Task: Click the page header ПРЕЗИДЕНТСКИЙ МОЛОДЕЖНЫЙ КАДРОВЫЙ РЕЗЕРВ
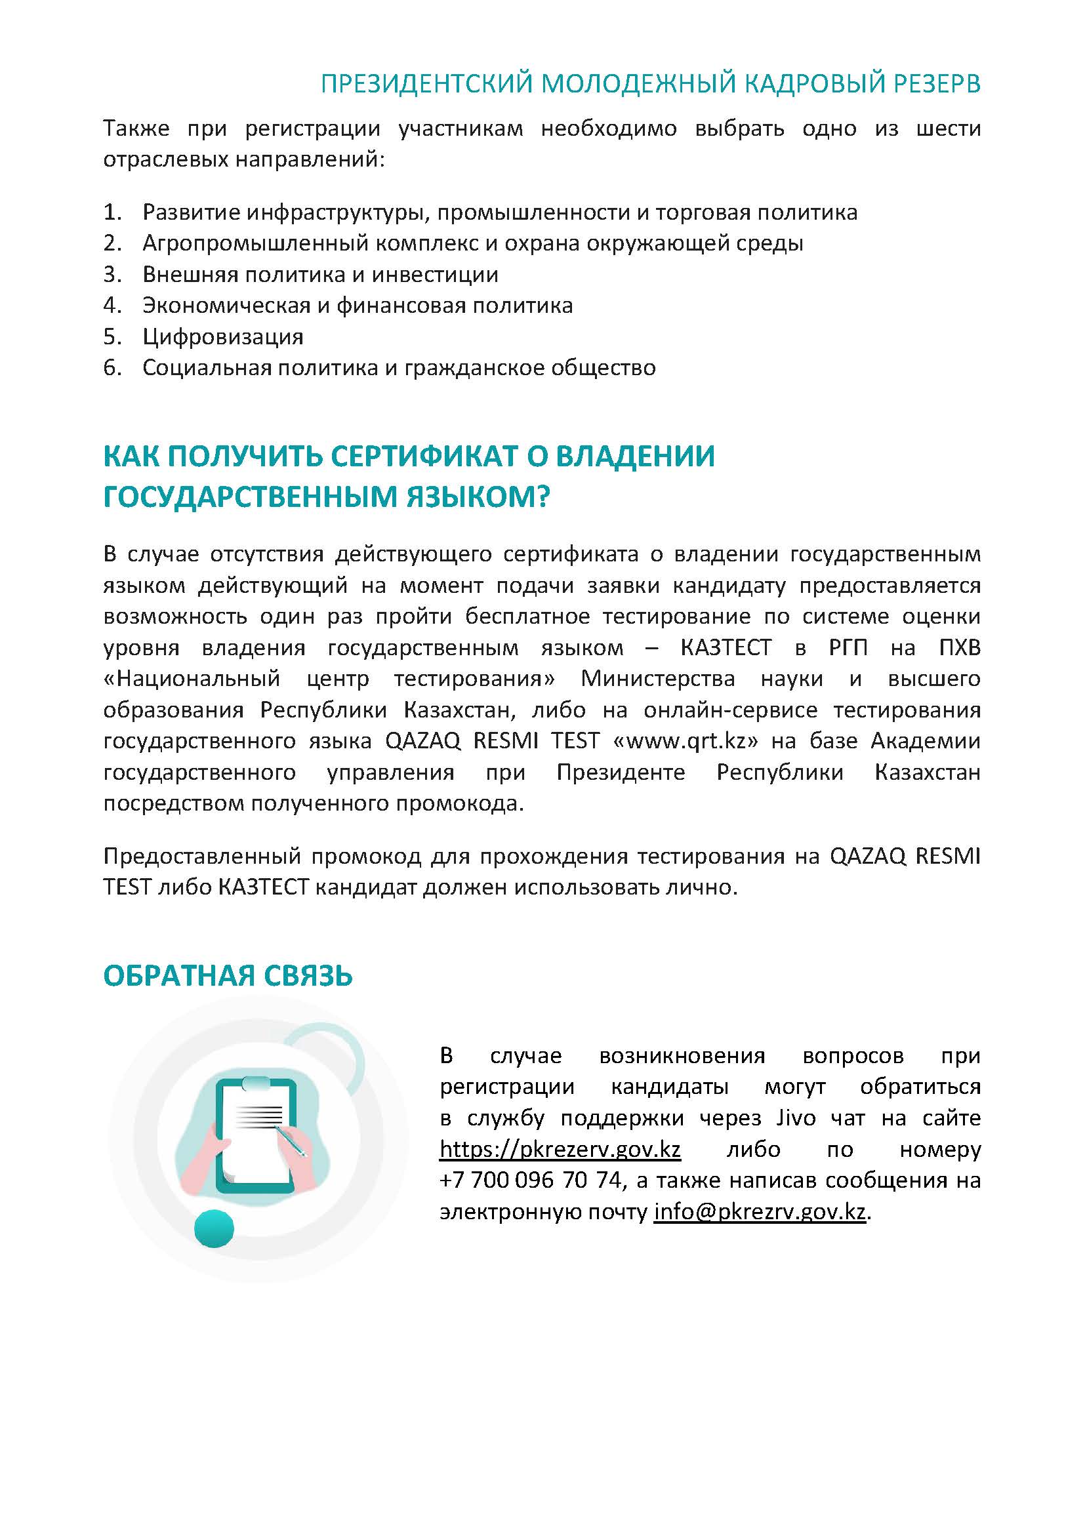650,84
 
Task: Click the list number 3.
111,275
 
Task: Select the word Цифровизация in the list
223,336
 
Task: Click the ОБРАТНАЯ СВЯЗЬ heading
228,976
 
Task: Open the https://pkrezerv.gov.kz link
560,1150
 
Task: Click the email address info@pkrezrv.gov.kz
760,1213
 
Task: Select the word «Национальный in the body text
192,679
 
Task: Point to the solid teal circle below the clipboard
214,1228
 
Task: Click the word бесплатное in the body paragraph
527,616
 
